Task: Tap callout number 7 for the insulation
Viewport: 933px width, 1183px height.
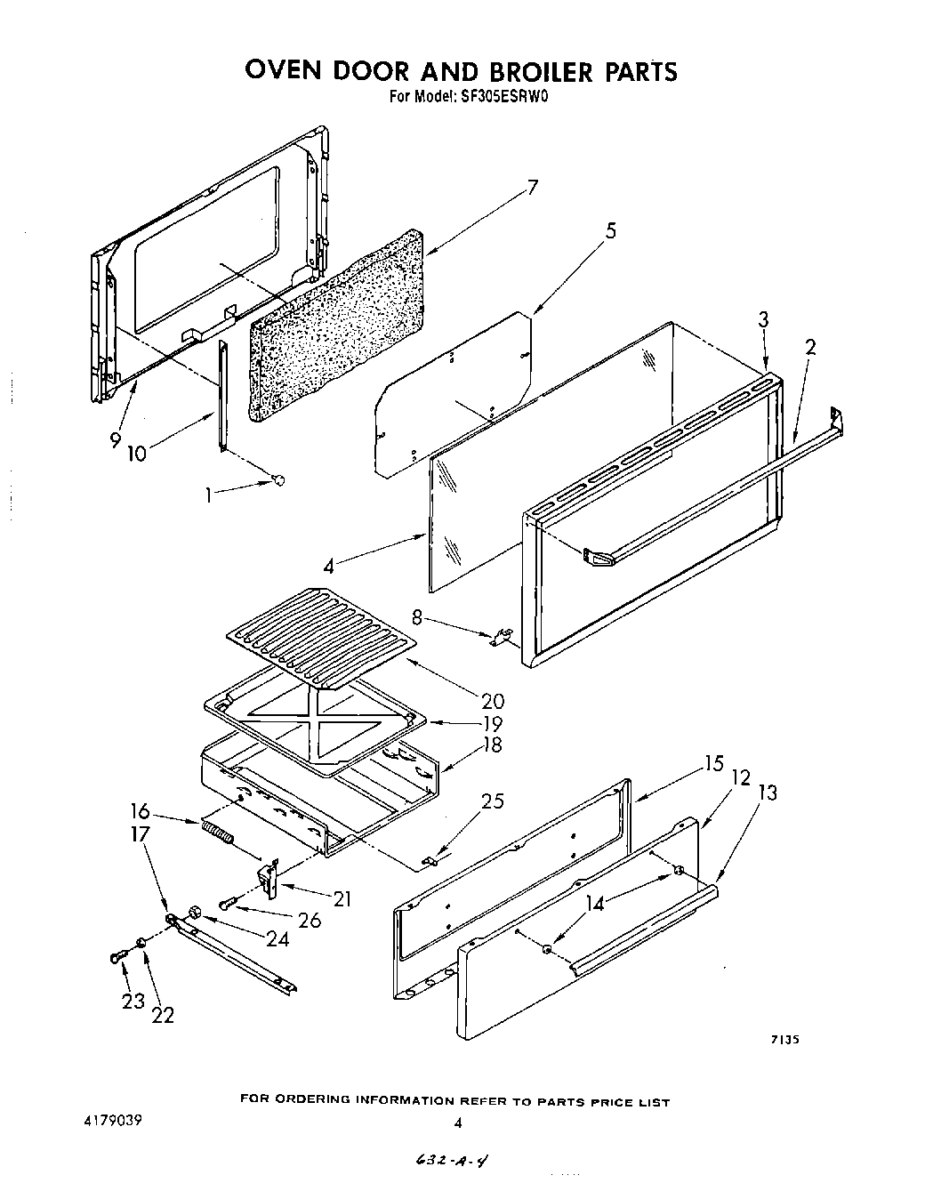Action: point(532,188)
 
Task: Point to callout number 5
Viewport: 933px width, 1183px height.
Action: point(611,231)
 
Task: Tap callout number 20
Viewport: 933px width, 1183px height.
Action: point(492,701)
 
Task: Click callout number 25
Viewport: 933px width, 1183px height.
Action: point(492,801)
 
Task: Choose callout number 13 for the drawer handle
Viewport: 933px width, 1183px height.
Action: point(767,792)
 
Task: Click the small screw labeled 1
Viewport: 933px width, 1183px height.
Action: point(278,481)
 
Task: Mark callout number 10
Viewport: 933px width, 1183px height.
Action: point(136,453)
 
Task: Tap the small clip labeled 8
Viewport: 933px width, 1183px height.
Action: point(501,637)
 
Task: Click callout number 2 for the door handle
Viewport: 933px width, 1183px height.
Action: point(809,348)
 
